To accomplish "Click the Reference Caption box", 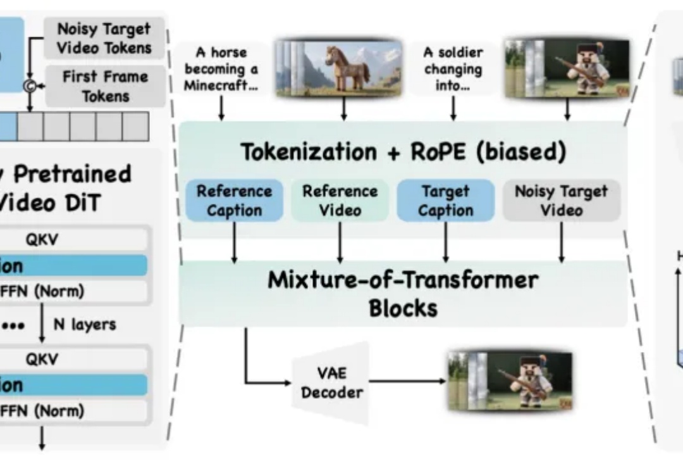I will coord(234,201).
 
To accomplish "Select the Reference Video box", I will coord(340,201).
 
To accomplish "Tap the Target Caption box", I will coord(446,201).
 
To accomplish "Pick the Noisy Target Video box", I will coord(561,201).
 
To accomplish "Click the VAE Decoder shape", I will coord(332,384).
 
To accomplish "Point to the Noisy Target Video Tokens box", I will coord(104,38).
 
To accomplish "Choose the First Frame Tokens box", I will coord(104,86).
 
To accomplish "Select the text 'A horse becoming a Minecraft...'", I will coord(221,69).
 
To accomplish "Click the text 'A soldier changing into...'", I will coord(453,69).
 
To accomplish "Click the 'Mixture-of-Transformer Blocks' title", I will coord(403,294).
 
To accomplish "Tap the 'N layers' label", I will coord(85,324).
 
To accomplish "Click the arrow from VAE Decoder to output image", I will coord(408,381).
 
